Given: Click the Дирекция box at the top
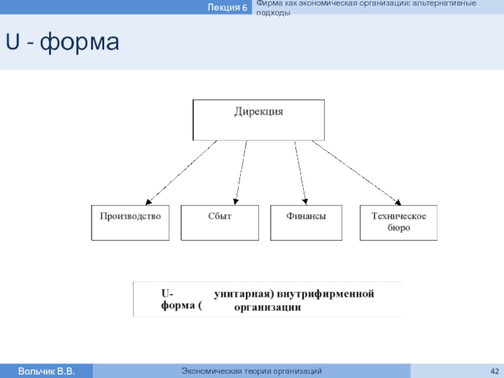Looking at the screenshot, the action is coord(258,120).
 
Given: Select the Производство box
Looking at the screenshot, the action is coord(130,223).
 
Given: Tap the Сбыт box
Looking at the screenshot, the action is coord(220,223).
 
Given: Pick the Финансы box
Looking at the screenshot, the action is coord(306,223).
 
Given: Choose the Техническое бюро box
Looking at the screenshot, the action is coord(399,223).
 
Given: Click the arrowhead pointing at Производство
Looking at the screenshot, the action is coord(148,202).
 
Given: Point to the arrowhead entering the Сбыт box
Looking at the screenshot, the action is coord(236,202).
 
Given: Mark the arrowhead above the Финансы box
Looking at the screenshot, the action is coord(305,202).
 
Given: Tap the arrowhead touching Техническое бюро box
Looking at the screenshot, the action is coord(398,202).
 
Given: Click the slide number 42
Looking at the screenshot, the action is coord(495,371).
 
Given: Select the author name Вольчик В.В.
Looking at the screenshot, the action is coord(46,371).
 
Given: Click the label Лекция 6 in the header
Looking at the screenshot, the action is coord(227,7).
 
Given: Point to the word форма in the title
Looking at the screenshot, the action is coord(79,42).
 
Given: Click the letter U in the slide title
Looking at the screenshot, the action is coord(13,41).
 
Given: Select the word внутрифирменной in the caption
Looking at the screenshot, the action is coord(326,294).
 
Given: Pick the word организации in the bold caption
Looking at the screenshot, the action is coord(268,307).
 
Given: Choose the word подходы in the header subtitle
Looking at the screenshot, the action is coord(273,13).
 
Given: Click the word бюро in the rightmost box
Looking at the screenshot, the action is coord(399,227).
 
